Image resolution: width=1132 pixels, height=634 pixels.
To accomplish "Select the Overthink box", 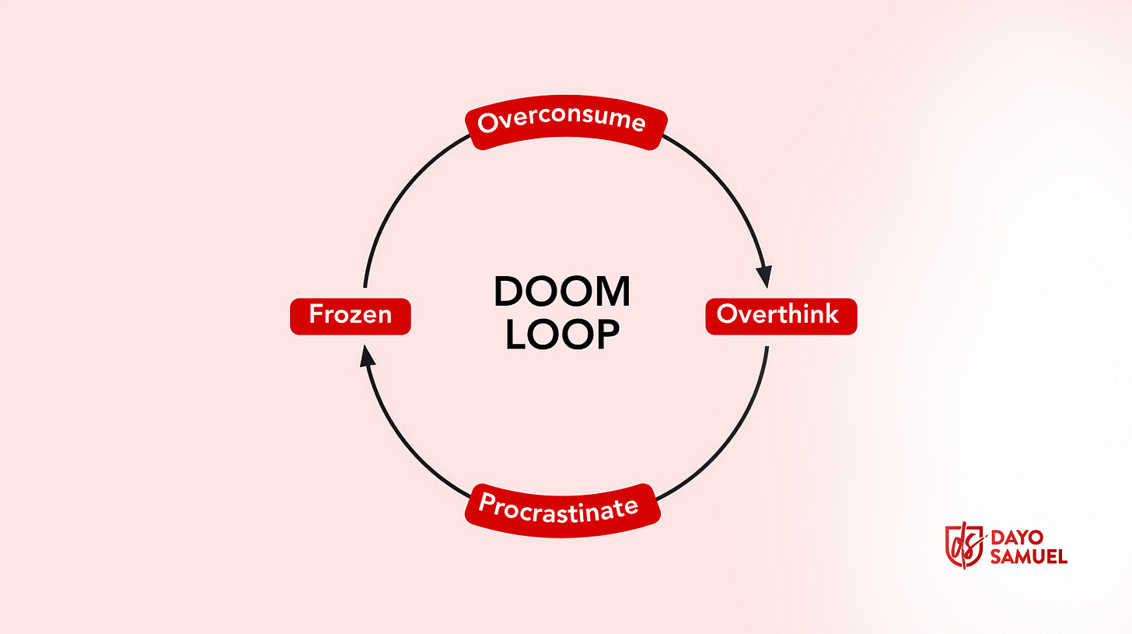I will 781,316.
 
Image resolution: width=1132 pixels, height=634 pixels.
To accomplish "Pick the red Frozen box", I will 350,316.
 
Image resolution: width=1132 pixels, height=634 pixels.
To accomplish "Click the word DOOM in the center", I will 562,292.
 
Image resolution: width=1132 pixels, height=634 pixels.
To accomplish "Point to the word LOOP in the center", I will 562,335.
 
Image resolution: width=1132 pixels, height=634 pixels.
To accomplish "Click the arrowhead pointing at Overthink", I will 765,276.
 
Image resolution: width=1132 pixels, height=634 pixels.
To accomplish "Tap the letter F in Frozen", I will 315,315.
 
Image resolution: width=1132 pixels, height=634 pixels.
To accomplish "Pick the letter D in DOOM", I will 508,292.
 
